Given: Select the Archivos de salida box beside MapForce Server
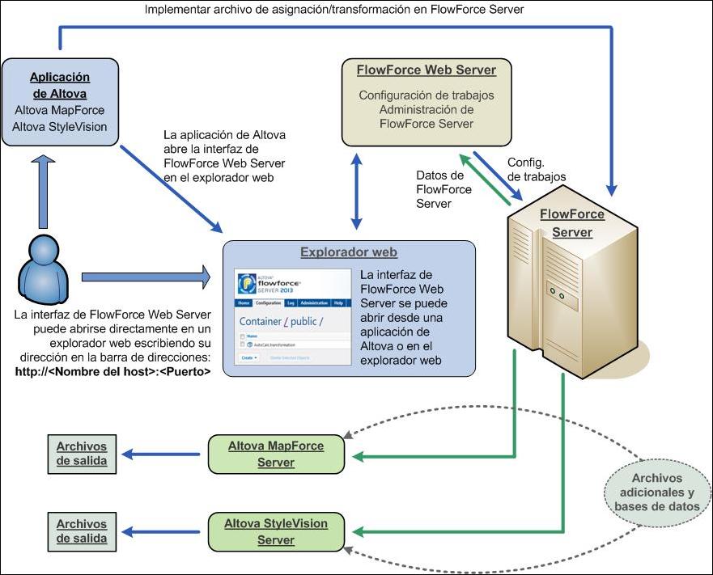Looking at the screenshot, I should pos(81,454).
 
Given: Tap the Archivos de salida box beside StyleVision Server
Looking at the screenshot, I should pos(81,531).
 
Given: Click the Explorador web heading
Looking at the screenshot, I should pos(349,252).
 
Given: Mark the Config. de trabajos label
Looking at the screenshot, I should pos(535,169).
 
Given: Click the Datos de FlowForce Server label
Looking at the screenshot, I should pos(439,189).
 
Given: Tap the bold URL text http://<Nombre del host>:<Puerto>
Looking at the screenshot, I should pos(112,372).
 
